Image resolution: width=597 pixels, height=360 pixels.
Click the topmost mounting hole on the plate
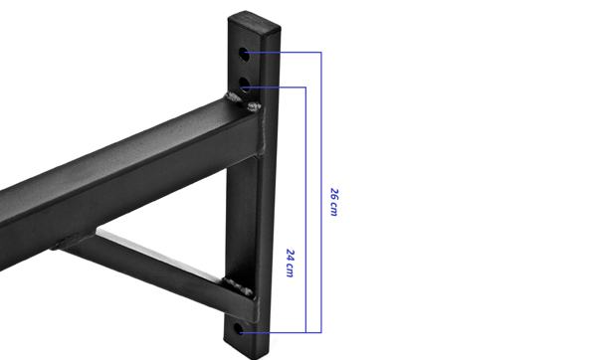pos(244,55)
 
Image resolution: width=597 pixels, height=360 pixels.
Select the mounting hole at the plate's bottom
pos(239,329)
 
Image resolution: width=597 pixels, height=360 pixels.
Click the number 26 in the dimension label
pos(334,194)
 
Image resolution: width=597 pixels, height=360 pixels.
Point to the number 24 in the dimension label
pos(291,256)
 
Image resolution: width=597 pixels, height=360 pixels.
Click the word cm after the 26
pos(334,209)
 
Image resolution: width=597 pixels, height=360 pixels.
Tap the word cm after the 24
pos(290,270)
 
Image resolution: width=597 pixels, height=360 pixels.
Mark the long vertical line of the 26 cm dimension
pos(321,192)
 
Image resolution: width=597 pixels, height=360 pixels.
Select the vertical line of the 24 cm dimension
pos(305,210)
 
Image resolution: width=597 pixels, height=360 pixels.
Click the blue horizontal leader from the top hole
pos(284,52)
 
